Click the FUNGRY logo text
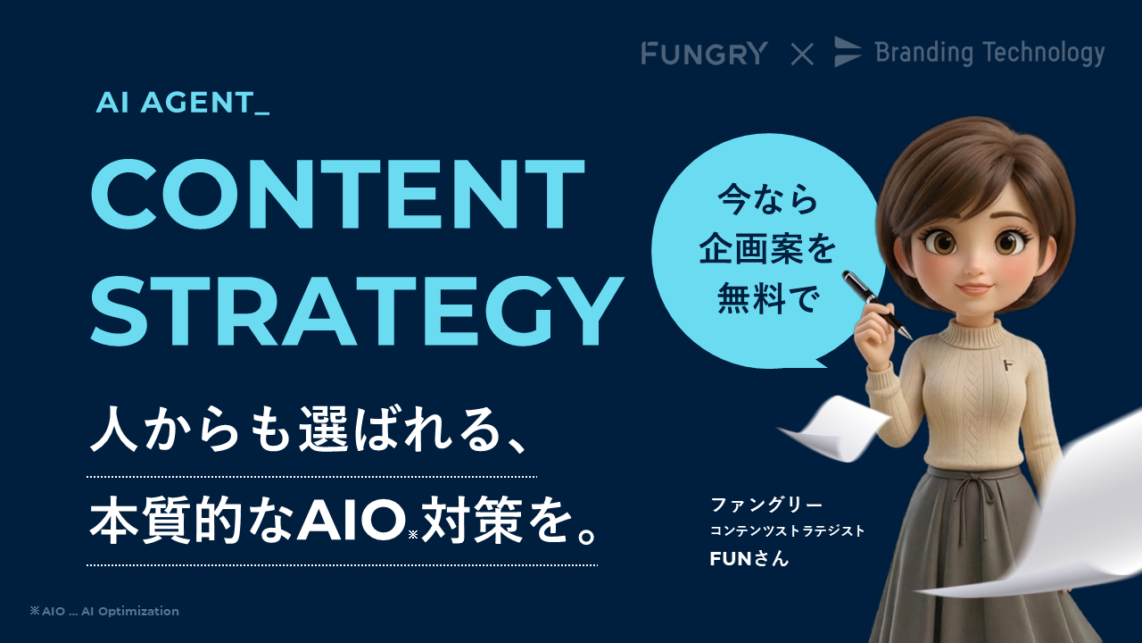click(704, 54)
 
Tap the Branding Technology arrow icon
click(848, 52)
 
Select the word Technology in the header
click(1043, 53)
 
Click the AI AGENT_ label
click(183, 104)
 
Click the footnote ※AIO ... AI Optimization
click(104, 612)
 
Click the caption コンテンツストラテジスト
click(787, 531)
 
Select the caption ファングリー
click(765, 505)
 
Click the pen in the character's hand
click(876, 304)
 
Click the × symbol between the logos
click(802, 54)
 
